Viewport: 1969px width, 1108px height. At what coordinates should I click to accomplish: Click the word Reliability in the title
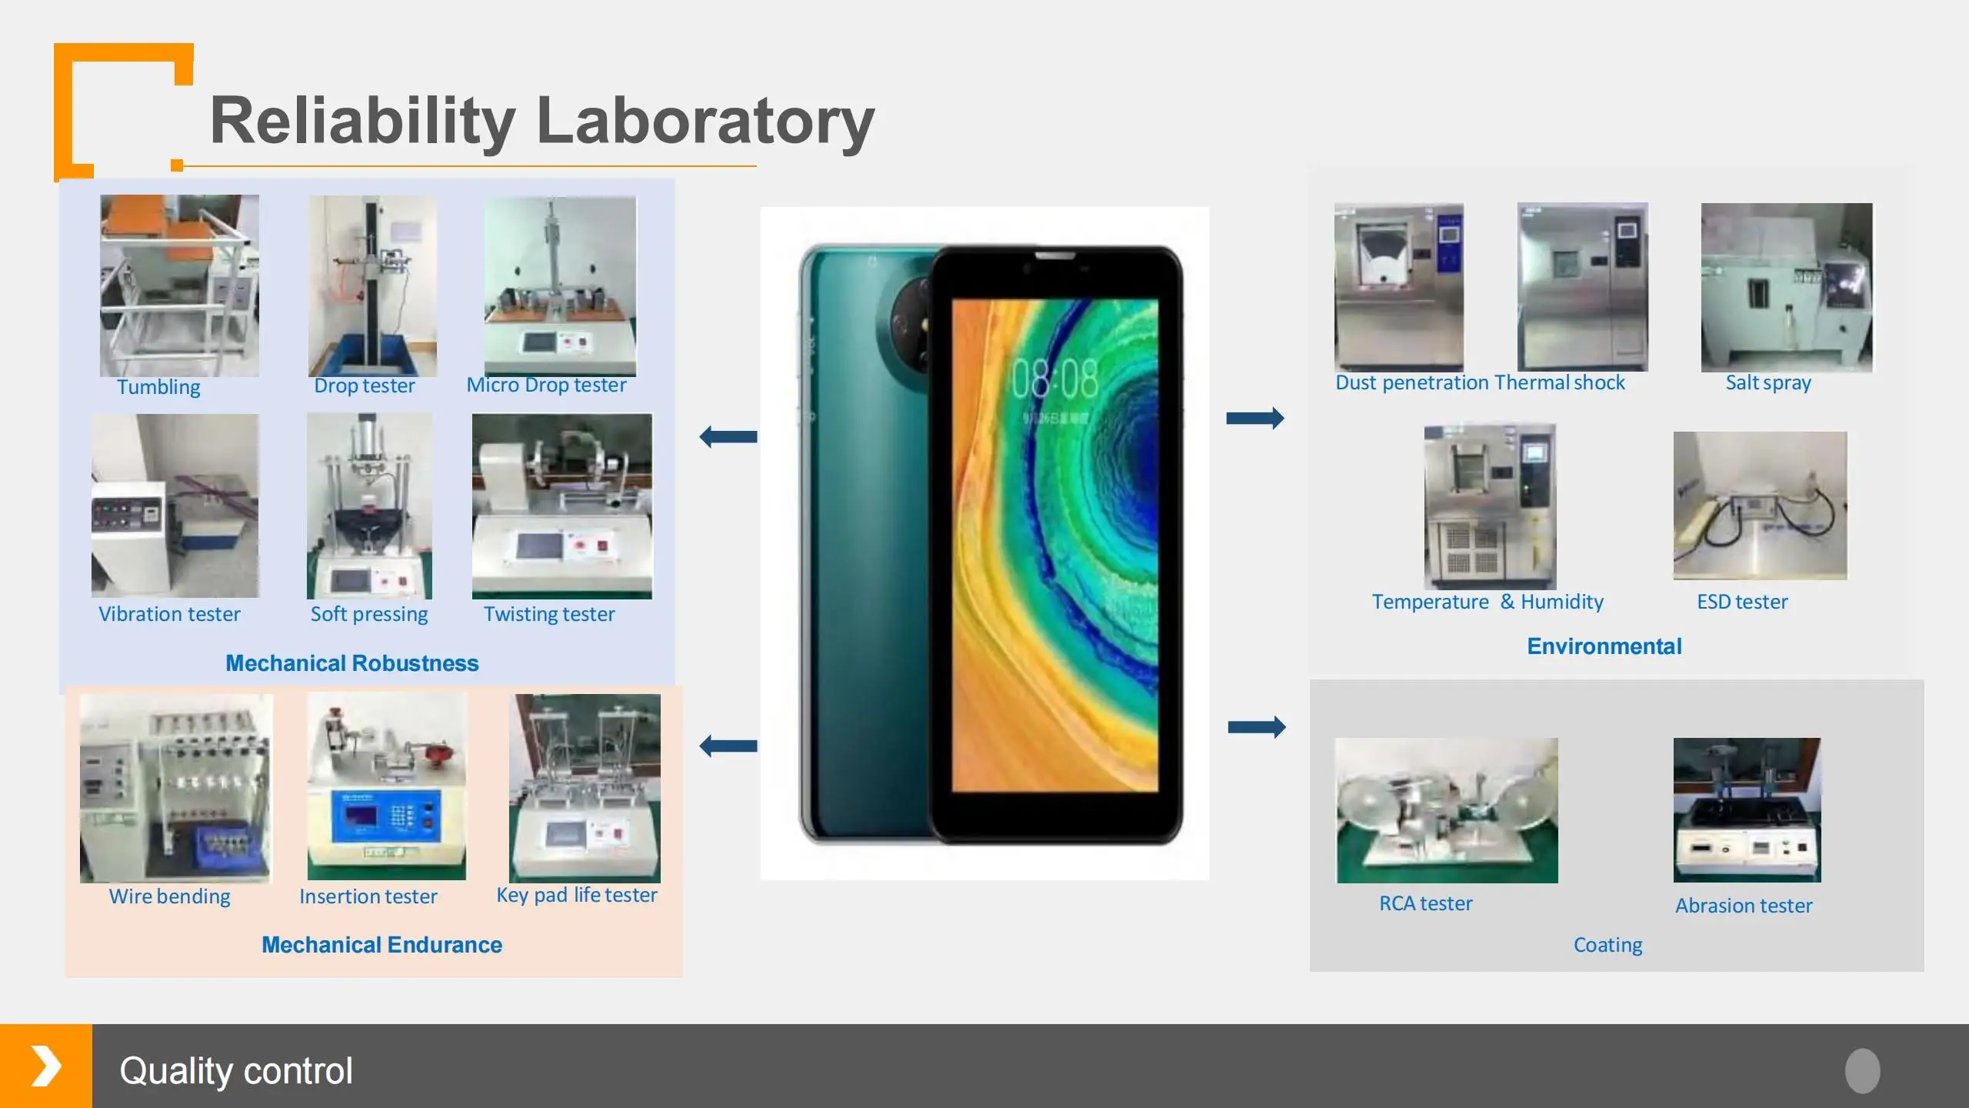[x=363, y=121]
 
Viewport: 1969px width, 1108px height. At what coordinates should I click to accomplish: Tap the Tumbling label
[x=158, y=387]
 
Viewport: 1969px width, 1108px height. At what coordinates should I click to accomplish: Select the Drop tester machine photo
[x=372, y=285]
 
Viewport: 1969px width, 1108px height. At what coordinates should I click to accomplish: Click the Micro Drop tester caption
[x=546, y=385]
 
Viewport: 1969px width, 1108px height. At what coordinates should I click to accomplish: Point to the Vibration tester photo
[x=175, y=506]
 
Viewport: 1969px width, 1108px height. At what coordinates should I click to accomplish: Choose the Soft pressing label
[x=369, y=615]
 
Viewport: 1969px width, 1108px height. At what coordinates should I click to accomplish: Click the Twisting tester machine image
[x=562, y=506]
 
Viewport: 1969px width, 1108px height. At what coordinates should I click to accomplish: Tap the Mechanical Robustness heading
[x=352, y=663]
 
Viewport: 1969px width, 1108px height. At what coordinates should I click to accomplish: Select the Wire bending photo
[x=176, y=788]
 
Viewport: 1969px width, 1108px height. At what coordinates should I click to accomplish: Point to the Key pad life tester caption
[x=577, y=896]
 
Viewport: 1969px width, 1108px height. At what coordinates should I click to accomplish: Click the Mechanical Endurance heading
[x=381, y=945]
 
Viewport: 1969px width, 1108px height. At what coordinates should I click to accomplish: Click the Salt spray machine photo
[x=1787, y=287]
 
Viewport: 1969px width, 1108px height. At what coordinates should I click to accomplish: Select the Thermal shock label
[x=1560, y=382]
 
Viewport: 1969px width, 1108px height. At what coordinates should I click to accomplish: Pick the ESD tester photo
[x=1760, y=506]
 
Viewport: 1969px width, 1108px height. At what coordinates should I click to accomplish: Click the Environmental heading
[x=1604, y=646]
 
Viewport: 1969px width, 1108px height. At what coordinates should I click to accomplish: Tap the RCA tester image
[x=1448, y=810]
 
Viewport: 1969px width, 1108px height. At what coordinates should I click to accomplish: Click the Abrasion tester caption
[x=1744, y=906]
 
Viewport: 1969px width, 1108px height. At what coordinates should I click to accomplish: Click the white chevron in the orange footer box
[x=46, y=1066]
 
